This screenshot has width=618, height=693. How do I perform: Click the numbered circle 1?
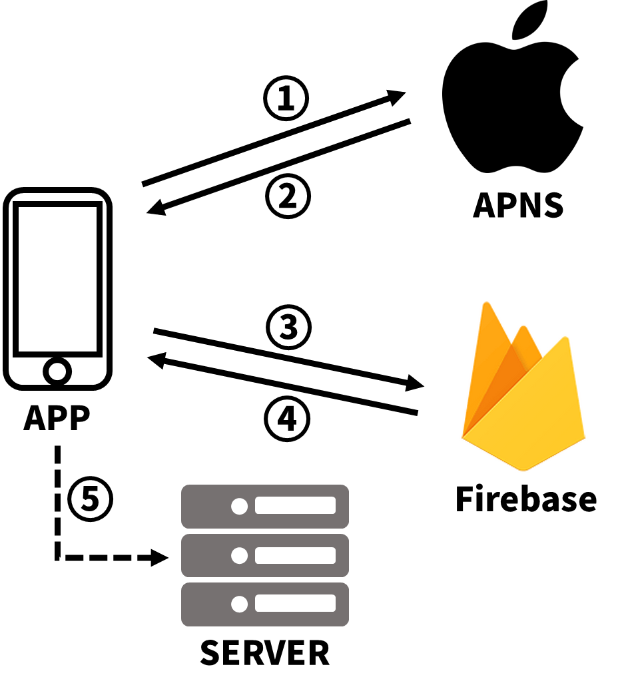point(286,99)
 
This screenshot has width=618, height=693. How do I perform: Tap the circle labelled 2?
point(288,196)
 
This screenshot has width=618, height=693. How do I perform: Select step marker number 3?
point(288,327)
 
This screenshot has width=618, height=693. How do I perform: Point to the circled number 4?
point(287,419)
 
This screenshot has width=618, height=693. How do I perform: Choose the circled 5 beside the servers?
point(90,499)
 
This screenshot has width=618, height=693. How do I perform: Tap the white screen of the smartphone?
point(57,279)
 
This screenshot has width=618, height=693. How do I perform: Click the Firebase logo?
point(523,386)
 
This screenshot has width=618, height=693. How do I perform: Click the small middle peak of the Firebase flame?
point(523,329)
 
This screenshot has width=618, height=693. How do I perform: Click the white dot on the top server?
point(239,507)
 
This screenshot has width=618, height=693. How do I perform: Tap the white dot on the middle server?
point(239,555)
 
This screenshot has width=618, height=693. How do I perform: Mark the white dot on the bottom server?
point(239,604)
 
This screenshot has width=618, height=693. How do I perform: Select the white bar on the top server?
point(295,506)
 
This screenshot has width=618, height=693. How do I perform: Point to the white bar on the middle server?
point(295,555)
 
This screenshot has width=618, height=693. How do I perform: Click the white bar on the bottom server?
point(295,604)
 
